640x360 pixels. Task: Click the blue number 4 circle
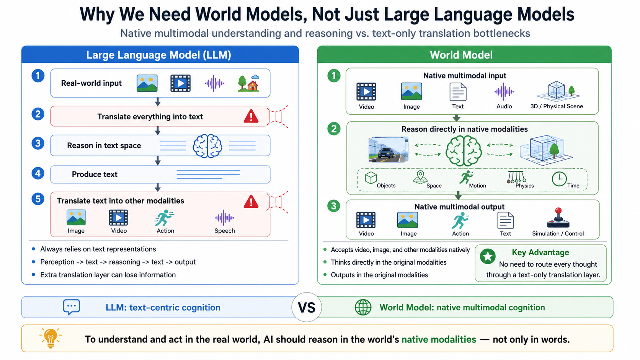[38, 174]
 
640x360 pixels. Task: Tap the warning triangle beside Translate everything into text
[251, 116]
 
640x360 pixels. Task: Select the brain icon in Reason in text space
[207, 146]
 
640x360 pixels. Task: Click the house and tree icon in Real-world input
[248, 83]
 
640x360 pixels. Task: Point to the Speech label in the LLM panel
[225, 231]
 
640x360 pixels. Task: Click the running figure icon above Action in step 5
[164, 218]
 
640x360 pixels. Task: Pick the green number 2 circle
[334, 129]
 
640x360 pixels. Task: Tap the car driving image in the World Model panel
[388, 150]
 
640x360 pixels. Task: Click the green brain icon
[464, 151]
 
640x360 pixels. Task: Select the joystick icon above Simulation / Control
[558, 218]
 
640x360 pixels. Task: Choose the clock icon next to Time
[559, 179]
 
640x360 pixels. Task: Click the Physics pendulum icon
[516, 177]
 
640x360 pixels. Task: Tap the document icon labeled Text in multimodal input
[458, 92]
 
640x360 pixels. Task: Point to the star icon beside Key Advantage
[488, 256]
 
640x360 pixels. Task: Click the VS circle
[307, 307]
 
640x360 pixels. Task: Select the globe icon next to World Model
[363, 307]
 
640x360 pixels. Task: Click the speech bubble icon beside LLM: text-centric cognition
[72, 307]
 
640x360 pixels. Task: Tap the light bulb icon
[51, 338]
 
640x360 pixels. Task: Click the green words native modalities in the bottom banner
[439, 339]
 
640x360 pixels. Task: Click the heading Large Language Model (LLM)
[158, 55]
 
